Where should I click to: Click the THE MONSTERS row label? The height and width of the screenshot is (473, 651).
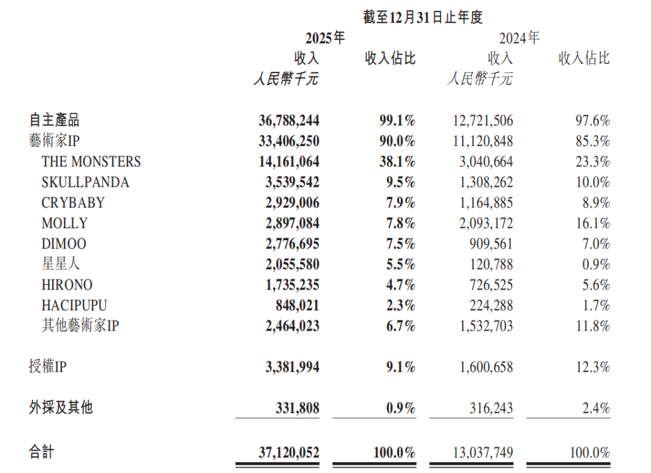click(x=91, y=162)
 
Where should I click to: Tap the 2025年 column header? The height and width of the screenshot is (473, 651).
click(x=325, y=38)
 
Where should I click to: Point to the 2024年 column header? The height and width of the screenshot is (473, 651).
click(x=519, y=38)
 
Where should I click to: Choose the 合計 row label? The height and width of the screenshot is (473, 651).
click(x=42, y=452)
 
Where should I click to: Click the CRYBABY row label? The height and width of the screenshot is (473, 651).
click(x=73, y=203)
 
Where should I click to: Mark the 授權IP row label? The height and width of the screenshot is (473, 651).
click(x=47, y=367)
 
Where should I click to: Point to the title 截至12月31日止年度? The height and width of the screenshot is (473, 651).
click(x=423, y=17)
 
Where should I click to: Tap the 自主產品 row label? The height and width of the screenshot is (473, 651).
click(x=54, y=120)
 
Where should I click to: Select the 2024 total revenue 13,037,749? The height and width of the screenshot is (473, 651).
click(x=481, y=452)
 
